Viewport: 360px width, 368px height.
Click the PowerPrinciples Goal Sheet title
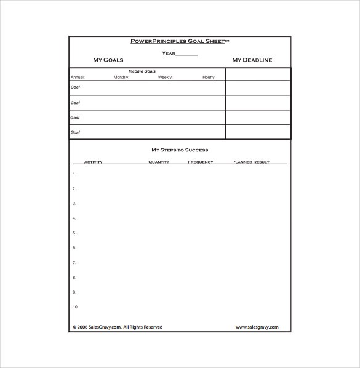[x=180, y=41]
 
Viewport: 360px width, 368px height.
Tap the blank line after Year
[x=187, y=54]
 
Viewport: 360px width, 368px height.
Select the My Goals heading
[x=108, y=60]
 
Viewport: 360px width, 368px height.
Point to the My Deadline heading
[x=252, y=60]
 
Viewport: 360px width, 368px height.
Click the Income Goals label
[x=142, y=71]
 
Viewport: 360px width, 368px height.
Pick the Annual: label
[x=78, y=77]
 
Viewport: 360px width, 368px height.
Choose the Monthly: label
[x=121, y=77]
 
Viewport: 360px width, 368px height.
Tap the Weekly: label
[x=165, y=77]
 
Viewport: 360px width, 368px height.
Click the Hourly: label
[x=209, y=77]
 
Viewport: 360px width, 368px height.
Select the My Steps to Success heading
[x=180, y=150]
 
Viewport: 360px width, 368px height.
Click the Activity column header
[x=93, y=162]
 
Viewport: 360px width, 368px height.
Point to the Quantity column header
[x=159, y=162]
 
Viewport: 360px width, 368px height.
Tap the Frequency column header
[x=201, y=162]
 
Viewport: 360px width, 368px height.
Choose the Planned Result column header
[x=250, y=162]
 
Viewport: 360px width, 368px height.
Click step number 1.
[x=74, y=174]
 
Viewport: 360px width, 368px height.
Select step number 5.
[x=74, y=233]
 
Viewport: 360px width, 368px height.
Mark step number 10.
[x=75, y=307]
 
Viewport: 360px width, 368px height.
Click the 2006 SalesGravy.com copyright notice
[x=118, y=327]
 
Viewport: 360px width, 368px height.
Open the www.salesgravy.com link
[x=257, y=327]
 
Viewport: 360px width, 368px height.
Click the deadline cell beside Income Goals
[x=258, y=74]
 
